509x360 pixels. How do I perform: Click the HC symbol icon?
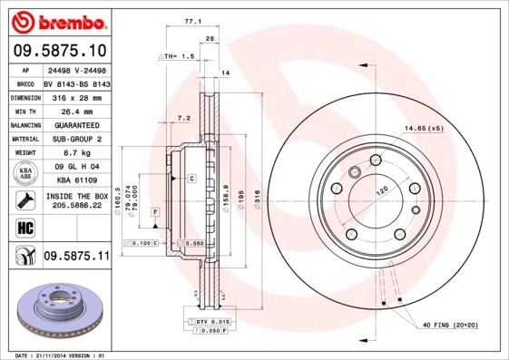pyautogui.click(x=24, y=226)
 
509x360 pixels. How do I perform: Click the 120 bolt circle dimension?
pyautogui.click(x=382, y=190)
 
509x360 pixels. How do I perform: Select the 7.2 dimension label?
pyautogui.click(x=183, y=118)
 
